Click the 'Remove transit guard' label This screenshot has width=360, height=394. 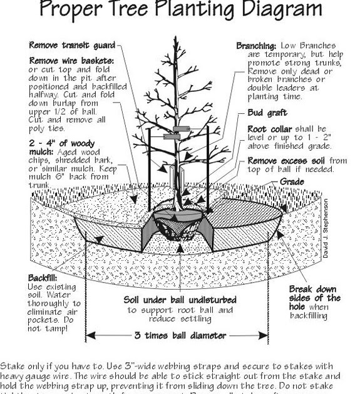(x=72, y=45)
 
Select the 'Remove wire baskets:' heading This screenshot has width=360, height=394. (x=72, y=61)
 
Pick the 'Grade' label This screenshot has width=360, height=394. (x=291, y=182)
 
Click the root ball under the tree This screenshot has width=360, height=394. (x=178, y=225)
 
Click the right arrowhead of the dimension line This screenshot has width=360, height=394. (x=269, y=335)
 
